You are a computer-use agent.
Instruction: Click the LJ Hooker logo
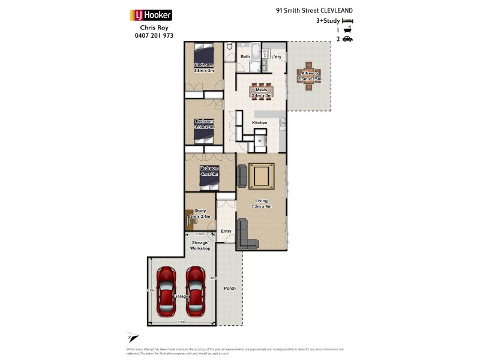click(151, 15)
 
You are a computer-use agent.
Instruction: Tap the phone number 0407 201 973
click(151, 35)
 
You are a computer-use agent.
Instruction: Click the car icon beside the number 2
click(347, 39)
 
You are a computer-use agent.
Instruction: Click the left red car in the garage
click(166, 291)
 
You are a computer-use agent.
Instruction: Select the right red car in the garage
click(196, 291)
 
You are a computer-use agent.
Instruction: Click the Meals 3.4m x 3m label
click(262, 92)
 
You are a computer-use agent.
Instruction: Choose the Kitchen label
click(260, 123)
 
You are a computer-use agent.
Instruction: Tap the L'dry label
click(277, 57)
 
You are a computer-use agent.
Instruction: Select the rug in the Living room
click(261, 176)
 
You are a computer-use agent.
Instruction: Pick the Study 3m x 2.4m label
click(200, 214)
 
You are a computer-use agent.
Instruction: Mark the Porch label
click(229, 289)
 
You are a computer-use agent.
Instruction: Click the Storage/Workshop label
click(200, 245)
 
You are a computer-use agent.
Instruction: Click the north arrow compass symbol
click(133, 336)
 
